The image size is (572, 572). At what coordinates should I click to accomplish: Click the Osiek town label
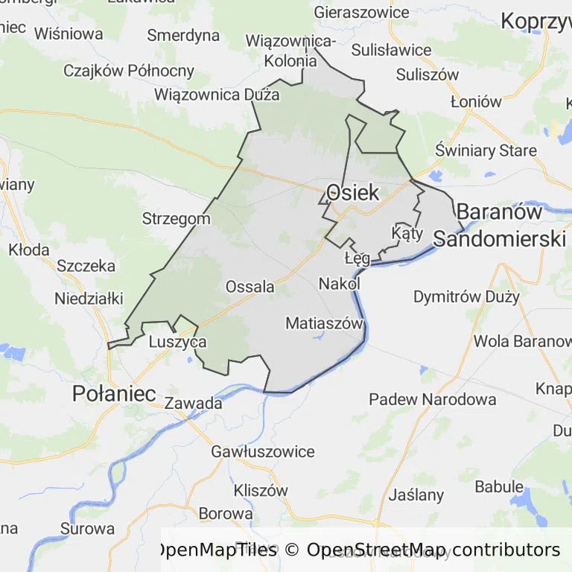[352, 192]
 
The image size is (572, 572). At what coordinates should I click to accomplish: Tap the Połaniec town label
[114, 394]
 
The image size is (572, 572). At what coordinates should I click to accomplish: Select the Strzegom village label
[177, 219]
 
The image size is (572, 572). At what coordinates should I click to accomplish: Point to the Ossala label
[250, 287]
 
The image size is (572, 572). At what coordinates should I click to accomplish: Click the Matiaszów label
[324, 323]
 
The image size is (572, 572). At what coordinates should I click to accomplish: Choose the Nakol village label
[340, 284]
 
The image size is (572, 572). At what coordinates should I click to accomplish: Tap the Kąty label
[407, 234]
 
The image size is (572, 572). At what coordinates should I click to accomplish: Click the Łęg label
[357, 258]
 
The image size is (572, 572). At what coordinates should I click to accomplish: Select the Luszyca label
[177, 342]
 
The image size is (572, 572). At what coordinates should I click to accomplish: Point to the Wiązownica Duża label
[217, 95]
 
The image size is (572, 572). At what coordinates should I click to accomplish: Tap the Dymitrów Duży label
[466, 296]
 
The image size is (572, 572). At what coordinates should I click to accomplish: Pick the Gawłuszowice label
[263, 451]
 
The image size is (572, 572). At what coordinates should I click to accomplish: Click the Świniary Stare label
[486, 150]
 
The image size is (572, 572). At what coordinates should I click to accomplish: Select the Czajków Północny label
[129, 71]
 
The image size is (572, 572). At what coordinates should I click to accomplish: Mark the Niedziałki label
[89, 299]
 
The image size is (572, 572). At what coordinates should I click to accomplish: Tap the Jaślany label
[416, 495]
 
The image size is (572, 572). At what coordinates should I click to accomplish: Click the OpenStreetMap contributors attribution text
[433, 550]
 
